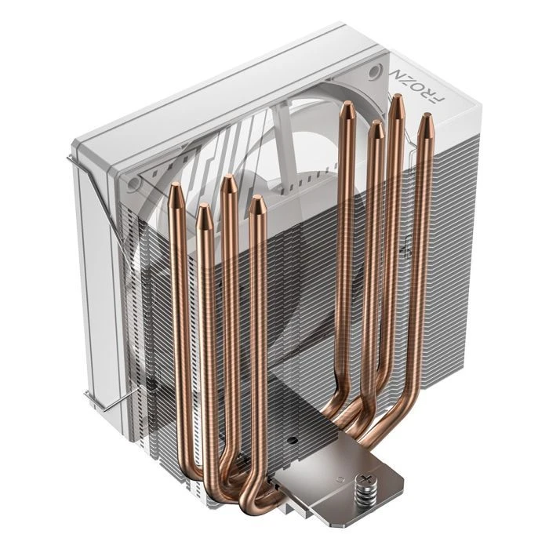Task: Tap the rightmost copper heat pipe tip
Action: [426, 119]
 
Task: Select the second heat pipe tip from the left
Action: [202, 210]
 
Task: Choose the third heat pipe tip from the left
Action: [228, 181]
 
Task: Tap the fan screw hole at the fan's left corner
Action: [135, 183]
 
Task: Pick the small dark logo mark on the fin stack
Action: [408, 253]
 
